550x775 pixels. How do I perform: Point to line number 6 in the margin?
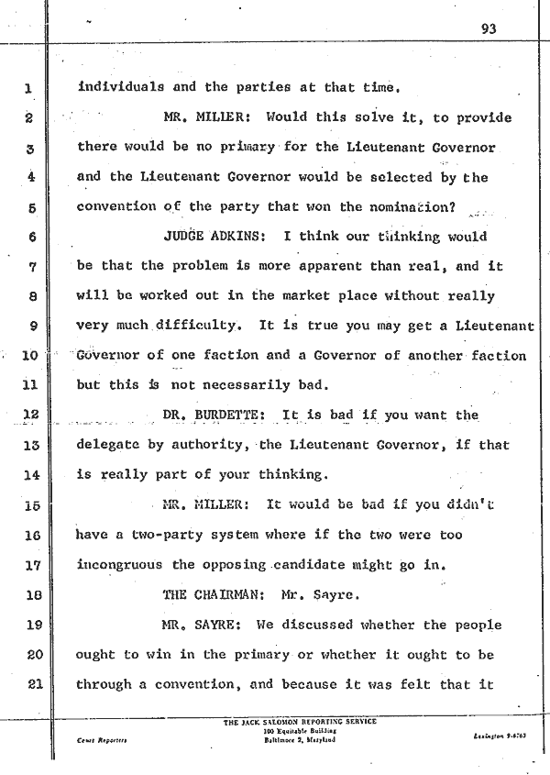pyautogui.click(x=29, y=237)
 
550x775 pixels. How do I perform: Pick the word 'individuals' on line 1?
pyautogui.click(x=121, y=88)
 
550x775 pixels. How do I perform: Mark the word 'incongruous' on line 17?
pyautogui.click(x=120, y=565)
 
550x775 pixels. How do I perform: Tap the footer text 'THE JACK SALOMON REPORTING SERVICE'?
pyautogui.click(x=300, y=722)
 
